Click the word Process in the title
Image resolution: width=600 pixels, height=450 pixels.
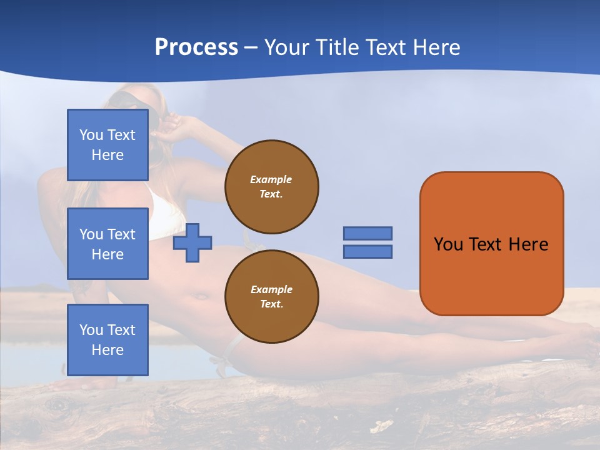(196, 47)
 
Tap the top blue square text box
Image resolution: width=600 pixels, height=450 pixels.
(107, 145)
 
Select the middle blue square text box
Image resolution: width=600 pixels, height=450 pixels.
(107, 244)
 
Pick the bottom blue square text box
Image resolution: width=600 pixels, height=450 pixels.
(107, 340)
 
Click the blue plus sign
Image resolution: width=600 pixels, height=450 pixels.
(192, 242)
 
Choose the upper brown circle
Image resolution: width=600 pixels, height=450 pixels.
(272, 187)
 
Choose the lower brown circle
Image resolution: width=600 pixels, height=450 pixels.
(272, 297)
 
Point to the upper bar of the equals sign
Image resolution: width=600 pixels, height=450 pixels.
(367, 233)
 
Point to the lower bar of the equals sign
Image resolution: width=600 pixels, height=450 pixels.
(367, 252)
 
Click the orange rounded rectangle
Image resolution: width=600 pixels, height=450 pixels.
(492, 275)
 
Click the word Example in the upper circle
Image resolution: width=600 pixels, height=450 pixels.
(271, 179)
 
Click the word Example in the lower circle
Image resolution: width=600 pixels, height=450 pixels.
(271, 289)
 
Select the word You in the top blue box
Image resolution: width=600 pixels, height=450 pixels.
(91, 135)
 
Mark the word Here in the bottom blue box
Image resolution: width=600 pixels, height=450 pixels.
(107, 350)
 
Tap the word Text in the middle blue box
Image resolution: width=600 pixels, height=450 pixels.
(121, 234)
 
